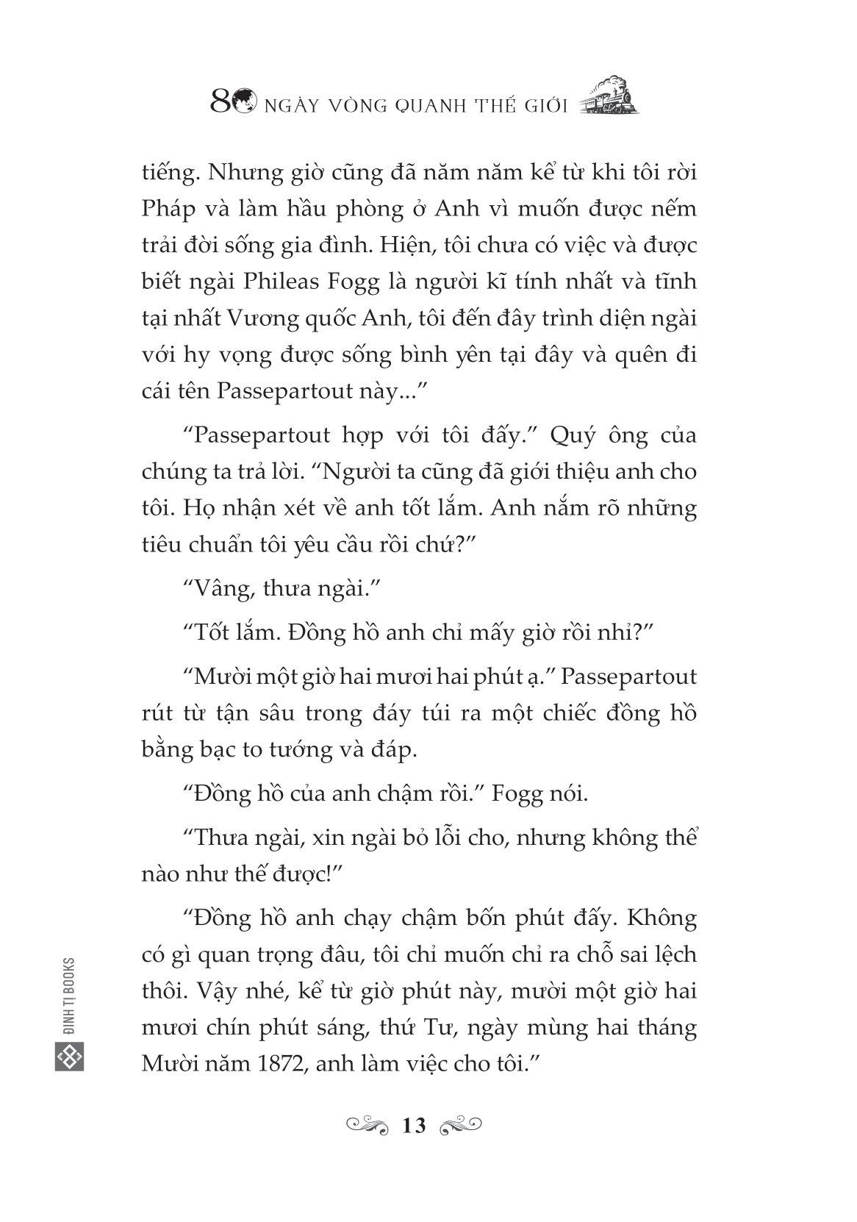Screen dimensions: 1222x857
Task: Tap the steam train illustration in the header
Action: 609,97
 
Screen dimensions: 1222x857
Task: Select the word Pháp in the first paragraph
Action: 166,210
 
